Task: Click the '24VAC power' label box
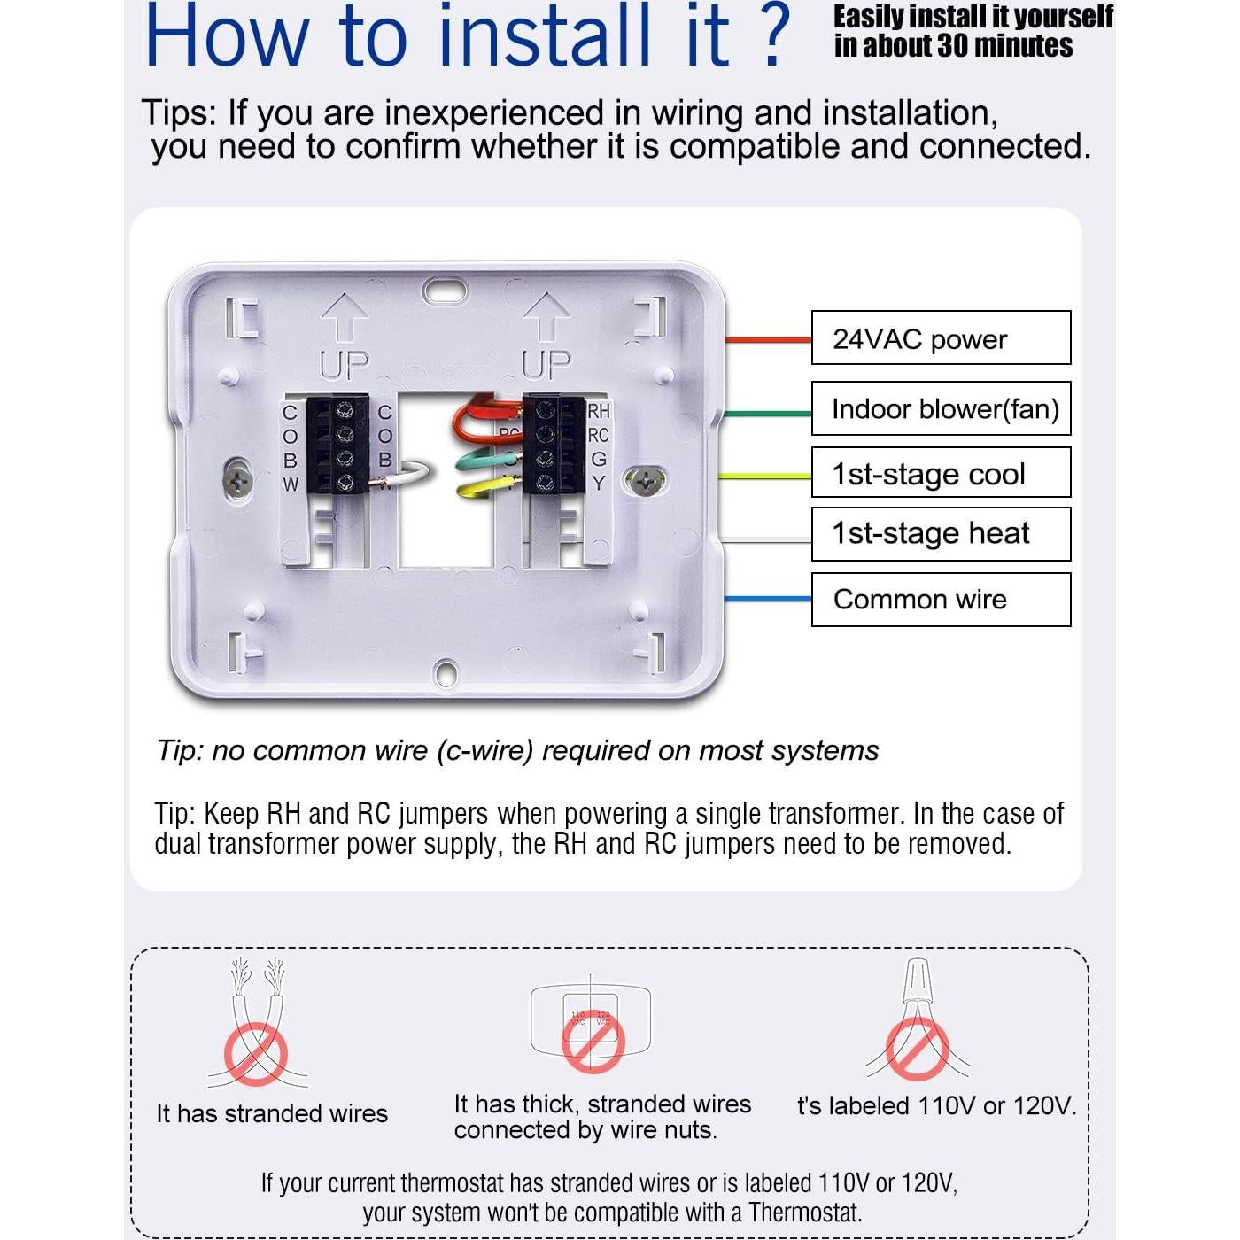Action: click(941, 337)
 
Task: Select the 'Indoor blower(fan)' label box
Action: click(941, 408)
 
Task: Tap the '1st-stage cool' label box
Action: click(941, 473)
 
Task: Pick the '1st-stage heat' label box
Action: click(941, 533)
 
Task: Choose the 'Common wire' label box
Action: click(941, 600)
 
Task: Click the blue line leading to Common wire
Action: click(767, 600)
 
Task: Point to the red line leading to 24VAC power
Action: click(767, 339)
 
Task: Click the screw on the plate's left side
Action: click(238, 480)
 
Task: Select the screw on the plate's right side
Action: click(646, 481)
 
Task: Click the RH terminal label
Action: click(599, 411)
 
